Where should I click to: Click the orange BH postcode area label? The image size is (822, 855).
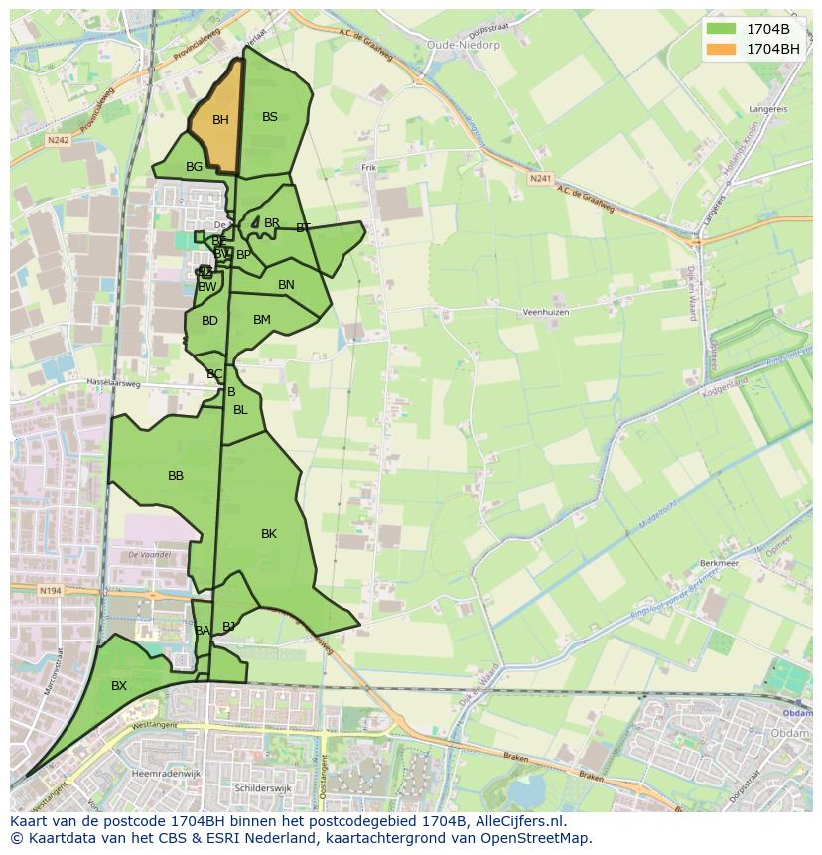coord(220,120)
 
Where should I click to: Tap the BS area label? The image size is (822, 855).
coord(270,117)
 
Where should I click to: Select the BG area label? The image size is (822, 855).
coord(194,167)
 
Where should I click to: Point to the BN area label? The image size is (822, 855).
coord(286,285)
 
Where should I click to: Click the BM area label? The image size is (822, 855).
coord(262,320)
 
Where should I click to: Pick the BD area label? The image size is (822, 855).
coord(209,321)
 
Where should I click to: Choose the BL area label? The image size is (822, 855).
coord(240,410)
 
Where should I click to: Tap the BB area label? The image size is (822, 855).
coord(176,476)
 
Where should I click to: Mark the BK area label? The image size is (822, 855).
coord(269,534)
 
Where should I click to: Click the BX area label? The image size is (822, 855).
coord(119,686)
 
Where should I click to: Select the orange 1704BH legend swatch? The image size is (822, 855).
coord(721,49)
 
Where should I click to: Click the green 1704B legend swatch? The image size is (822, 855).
coord(721,29)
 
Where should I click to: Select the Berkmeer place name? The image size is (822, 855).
coord(720,562)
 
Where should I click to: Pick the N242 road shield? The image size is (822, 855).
coord(58,141)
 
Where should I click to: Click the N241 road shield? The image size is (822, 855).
coord(540,179)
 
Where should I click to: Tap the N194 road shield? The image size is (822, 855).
coord(51,592)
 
